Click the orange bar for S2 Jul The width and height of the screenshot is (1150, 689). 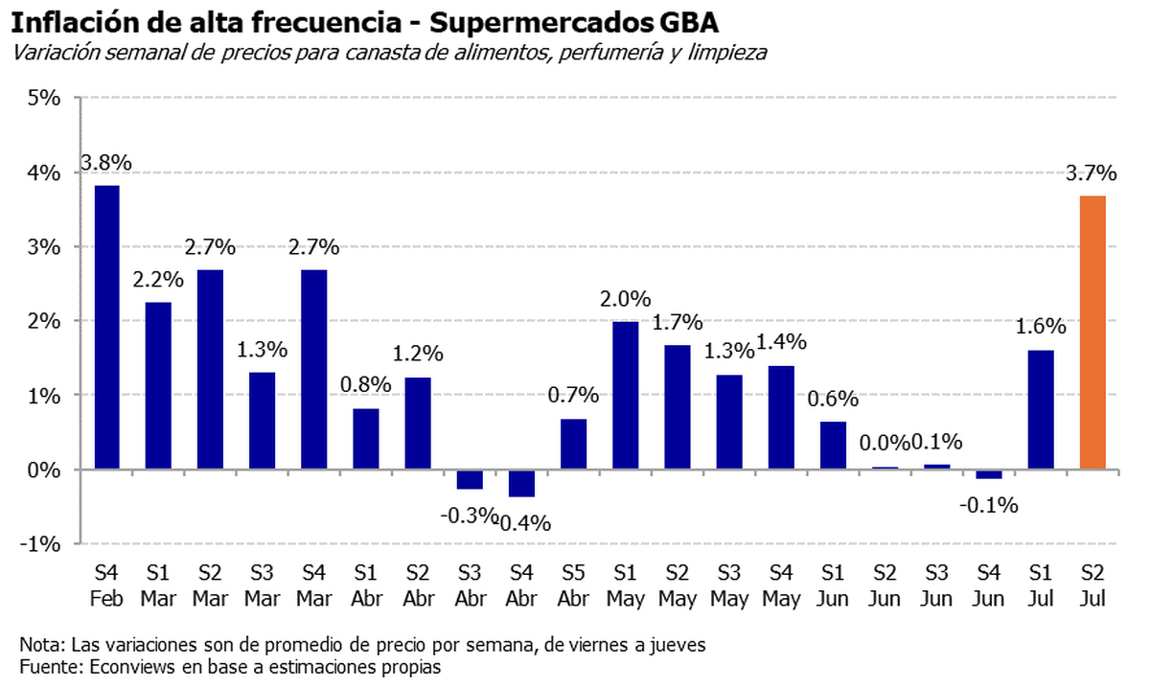pyautogui.click(x=1092, y=333)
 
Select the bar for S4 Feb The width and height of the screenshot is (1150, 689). pyautogui.click(x=106, y=327)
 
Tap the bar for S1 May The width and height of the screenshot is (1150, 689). pyautogui.click(x=626, y=395)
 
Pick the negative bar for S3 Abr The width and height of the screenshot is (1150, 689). pyautogui.click(x=470, y=479)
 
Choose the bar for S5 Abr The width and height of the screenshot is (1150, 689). pyautogui.click(x=573, y=444)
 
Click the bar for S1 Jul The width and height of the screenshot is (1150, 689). pyautogui.click(x=1041, y=409)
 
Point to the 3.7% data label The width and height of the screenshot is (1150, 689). pyautogui.click(x=1092, y=174)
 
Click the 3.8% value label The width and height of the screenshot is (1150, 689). pyautogui.click(x=106, y=163)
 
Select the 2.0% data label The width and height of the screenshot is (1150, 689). pyautogui.click(x=626, y=300)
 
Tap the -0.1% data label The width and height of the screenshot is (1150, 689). pyautogui.click(x=990, y=505)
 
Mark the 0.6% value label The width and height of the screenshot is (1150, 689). pyautogui.click(x=833, y=400)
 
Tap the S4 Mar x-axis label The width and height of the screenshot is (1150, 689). pyautogui.click(x=313, y=585)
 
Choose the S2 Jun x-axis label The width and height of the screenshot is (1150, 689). pyautogui.click(x=885, y=585)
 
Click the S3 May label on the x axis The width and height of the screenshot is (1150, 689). pyautogui.click(x=729, y=585)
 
